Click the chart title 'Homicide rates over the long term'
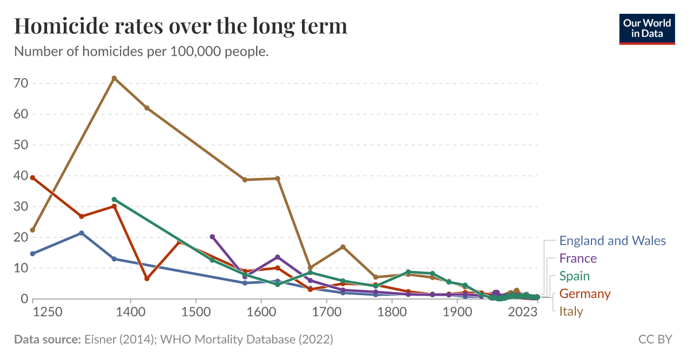click(x=180, y=26)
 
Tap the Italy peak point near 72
click(x=114, y=78)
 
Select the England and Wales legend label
click(x=612, y=241)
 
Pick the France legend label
click(x=578, y=258)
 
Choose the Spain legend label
click(x=574, y=276)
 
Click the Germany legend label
click(x=585, y=294)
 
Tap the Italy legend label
click(x=571, y=312)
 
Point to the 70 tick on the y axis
click(x=21, y=83)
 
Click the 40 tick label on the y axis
click(x=21, y=176)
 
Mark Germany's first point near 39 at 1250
click(x=33, y=178)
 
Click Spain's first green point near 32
click(x=114, y=200)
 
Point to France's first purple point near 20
click(x=212, y=237)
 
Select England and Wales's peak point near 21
click(x=82, y=233)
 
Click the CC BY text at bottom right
click(x=655, y=339)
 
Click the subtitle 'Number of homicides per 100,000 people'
click(x=141, y=52)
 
